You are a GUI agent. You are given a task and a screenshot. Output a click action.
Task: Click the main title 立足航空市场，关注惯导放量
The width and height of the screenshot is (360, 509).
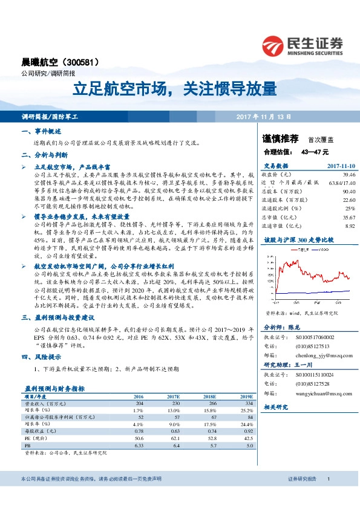[175, 89]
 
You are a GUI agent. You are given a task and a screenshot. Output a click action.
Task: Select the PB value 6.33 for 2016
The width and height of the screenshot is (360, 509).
[139, 446]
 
